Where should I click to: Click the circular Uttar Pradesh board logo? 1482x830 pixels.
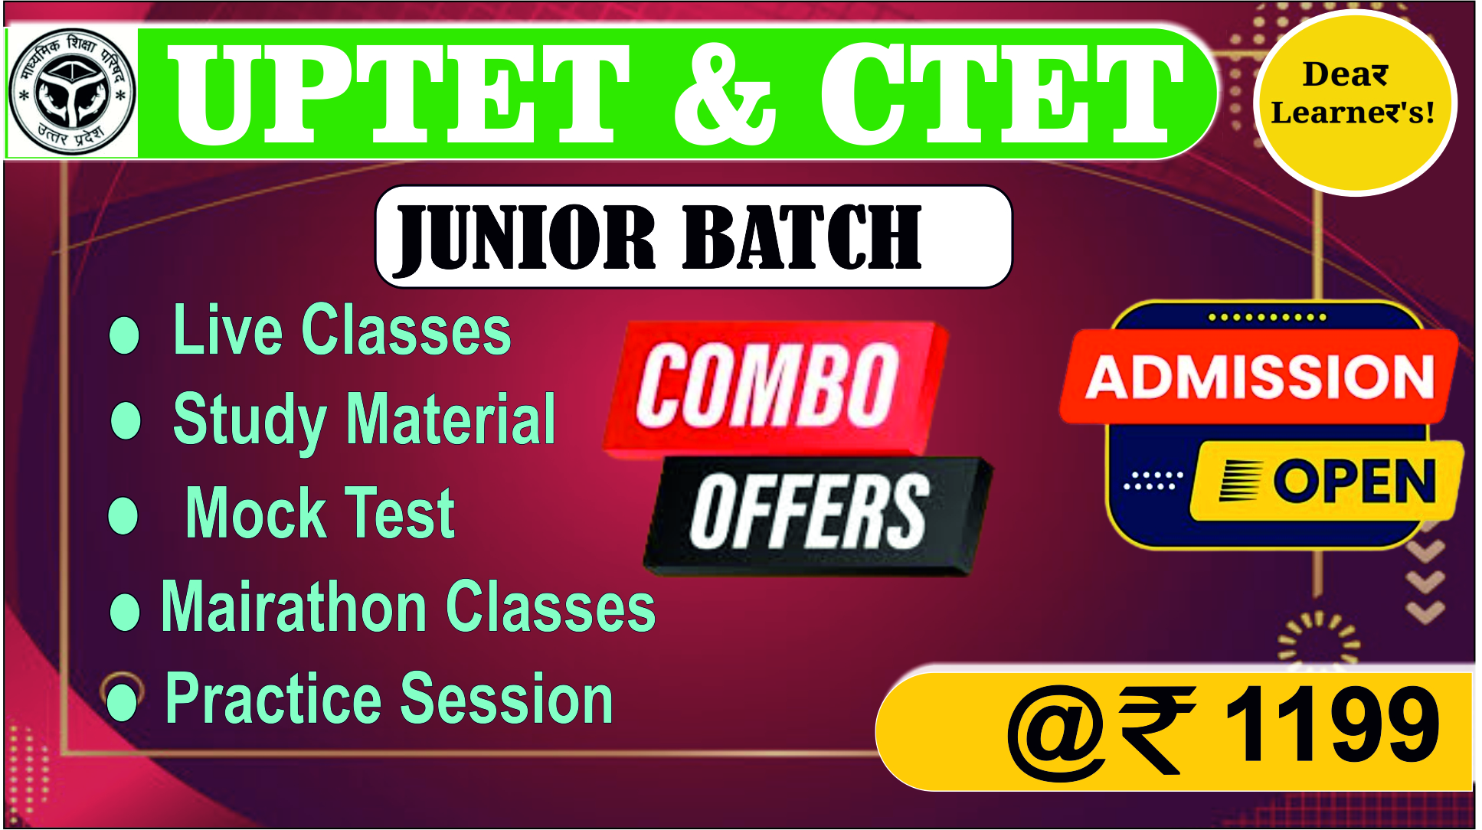(x=73, y=93)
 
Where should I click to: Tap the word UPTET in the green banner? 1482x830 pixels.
(x=399, y=93)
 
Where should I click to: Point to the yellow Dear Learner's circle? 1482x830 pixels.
(x=1355, y=103)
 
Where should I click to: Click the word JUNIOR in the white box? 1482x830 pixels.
(x=525, y=238)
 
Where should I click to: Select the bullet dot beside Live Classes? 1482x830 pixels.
(x=124, y=335)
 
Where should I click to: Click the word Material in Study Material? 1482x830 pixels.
(x=451, y=419)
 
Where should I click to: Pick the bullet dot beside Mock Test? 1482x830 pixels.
(x=123, y=515)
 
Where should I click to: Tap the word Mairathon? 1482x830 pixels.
(x=294, y=606)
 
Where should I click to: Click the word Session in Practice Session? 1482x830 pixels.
(x=506, y=698)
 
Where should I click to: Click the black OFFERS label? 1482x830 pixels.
(x=818, y=514)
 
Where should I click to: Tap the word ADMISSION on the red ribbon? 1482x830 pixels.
(x=1259, y=377)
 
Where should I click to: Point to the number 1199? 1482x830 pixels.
(x=1332, y=724)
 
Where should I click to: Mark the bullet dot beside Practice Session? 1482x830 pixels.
(x=123, y=700)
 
